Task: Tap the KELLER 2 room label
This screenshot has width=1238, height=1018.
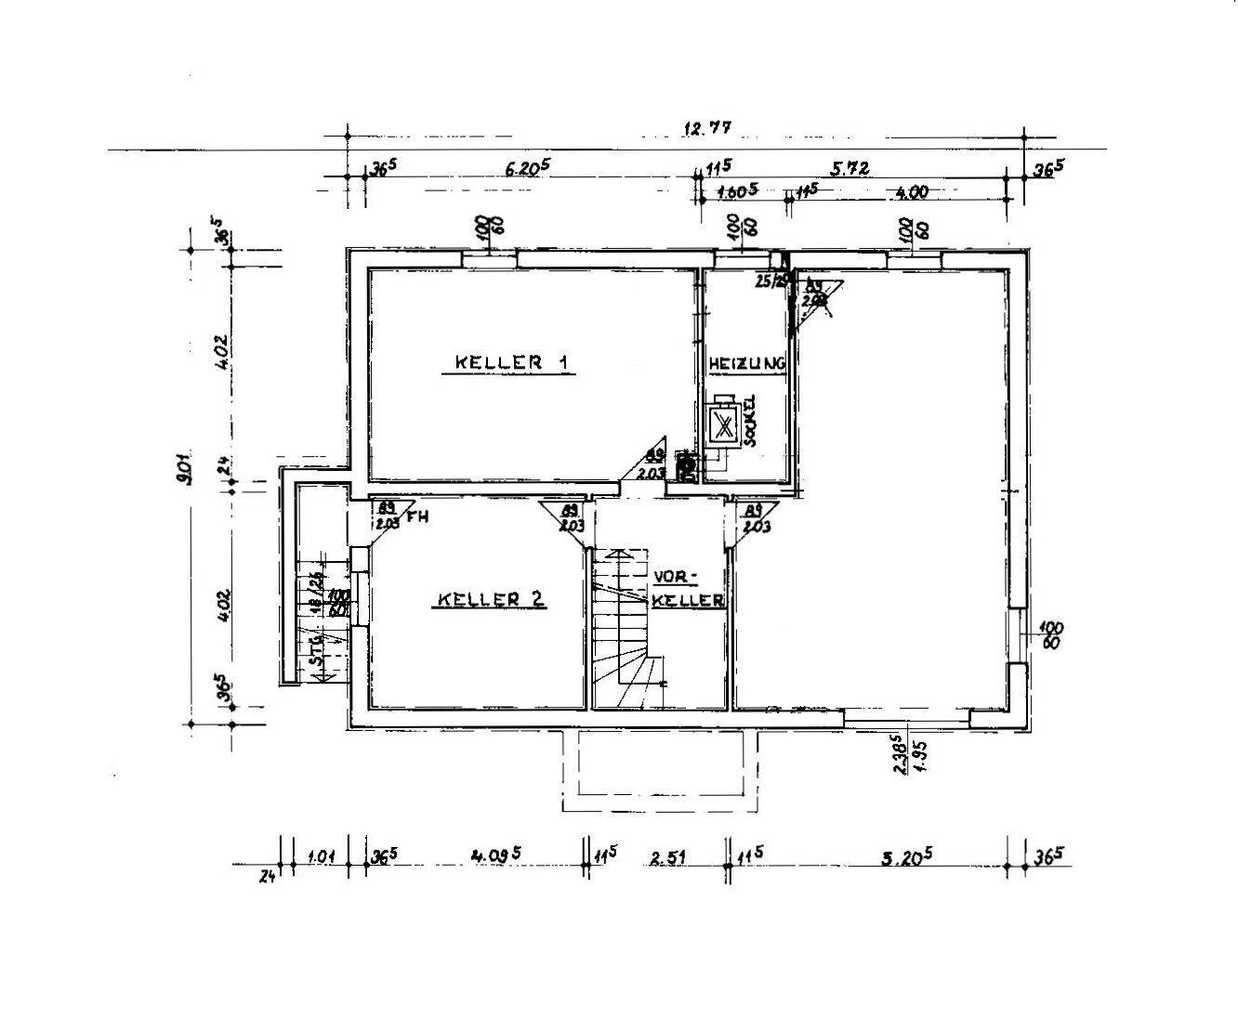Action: (x=490, y=600)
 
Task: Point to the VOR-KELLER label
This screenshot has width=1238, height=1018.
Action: (x=687, y=589)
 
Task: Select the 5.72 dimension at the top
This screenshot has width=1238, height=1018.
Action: (x=849, y=168)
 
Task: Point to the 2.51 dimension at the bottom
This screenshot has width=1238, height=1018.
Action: (x=667, y=858)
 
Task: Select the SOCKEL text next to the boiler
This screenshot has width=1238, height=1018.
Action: (x=750, y=425)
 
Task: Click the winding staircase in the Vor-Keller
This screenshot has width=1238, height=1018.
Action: (x=628, y=632)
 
